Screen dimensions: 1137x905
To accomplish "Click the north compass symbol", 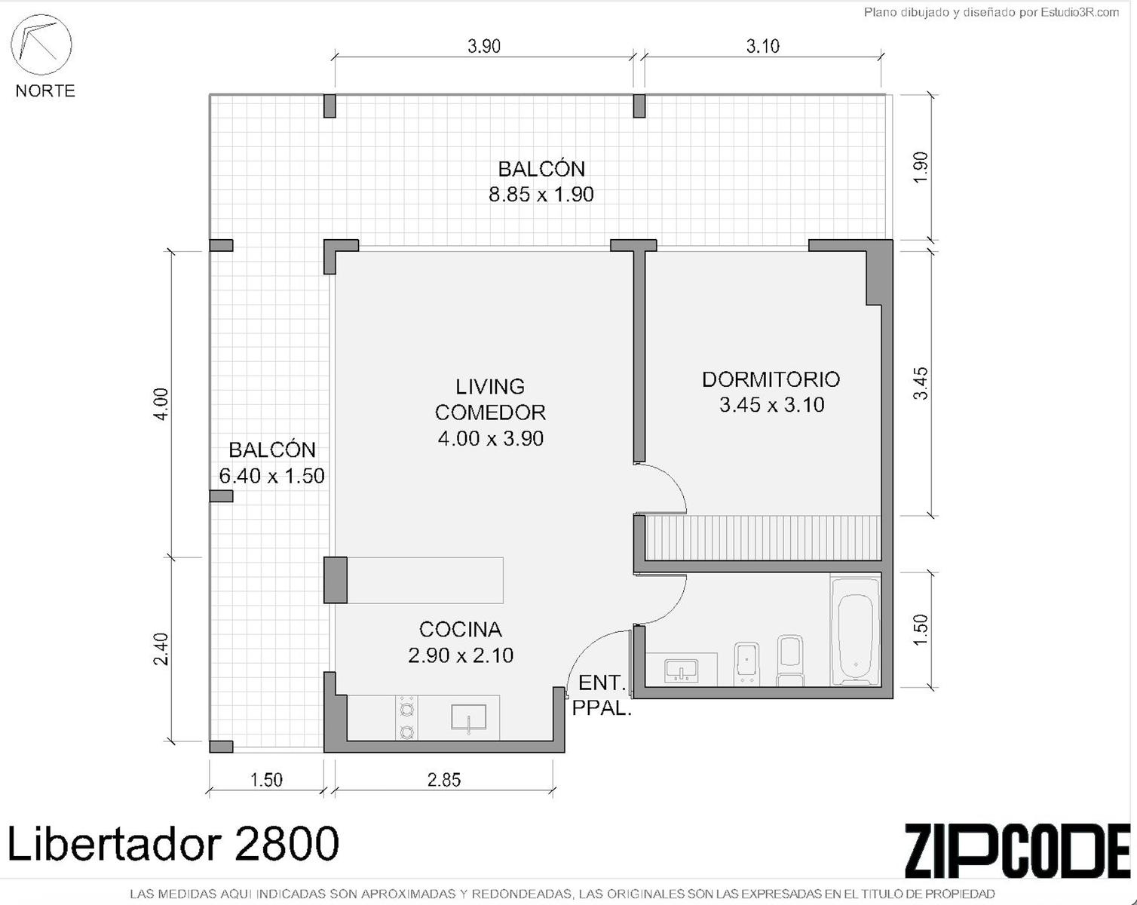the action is tap(41, 44).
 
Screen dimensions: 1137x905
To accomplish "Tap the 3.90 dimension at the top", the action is tap(484, 47).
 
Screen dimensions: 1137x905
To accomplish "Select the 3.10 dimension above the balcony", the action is tap(762, 47).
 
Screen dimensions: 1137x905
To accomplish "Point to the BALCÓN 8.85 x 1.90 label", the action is tap(541, 182).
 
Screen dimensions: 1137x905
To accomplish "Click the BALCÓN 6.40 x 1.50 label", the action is tap(271, 463).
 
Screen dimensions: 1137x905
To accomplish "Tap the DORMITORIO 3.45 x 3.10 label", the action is tap(771, 392).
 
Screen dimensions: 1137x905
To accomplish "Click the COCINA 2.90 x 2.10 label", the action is tap(460, 643).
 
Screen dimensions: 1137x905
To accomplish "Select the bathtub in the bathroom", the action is tap(856, 632).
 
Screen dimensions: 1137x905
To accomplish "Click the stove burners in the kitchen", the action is tap(406, 718).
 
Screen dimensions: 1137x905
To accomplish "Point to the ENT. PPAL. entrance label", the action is tap(602, 695).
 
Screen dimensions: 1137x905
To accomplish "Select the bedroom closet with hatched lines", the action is tap(763, 538).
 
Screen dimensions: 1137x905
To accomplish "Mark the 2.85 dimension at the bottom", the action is tap(444, 780).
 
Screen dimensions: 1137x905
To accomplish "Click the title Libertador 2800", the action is tap(172, 844).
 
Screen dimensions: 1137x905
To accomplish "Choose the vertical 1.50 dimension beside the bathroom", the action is tap(920, 630).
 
